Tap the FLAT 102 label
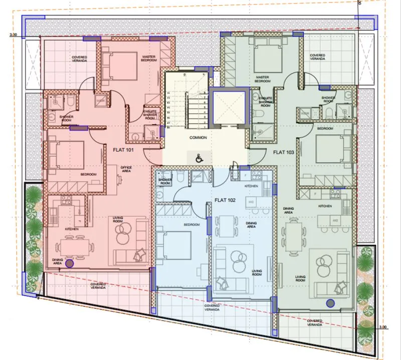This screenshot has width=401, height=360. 225,200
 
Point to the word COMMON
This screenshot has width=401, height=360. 198,137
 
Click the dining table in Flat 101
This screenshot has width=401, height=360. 75,246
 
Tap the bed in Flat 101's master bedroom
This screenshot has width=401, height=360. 119,65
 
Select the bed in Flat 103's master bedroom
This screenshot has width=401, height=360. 269,57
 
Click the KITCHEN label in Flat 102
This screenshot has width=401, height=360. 251,186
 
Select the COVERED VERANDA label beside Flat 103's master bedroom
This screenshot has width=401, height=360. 317,57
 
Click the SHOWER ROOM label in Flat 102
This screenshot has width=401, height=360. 165,181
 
